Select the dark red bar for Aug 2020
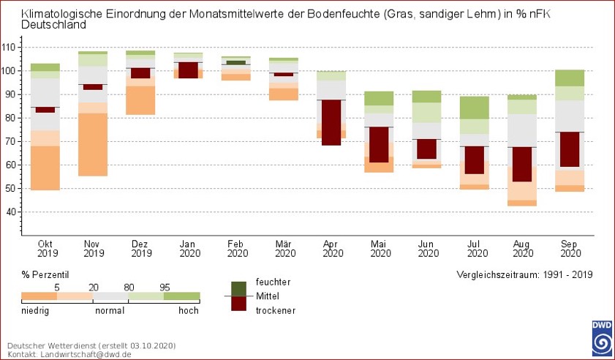(521, 164)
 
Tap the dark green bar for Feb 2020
(235, 62)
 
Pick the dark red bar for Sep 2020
(570, 149)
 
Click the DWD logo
(602, 337)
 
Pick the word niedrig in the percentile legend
(37, 310)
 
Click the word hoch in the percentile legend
(189, 310)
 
